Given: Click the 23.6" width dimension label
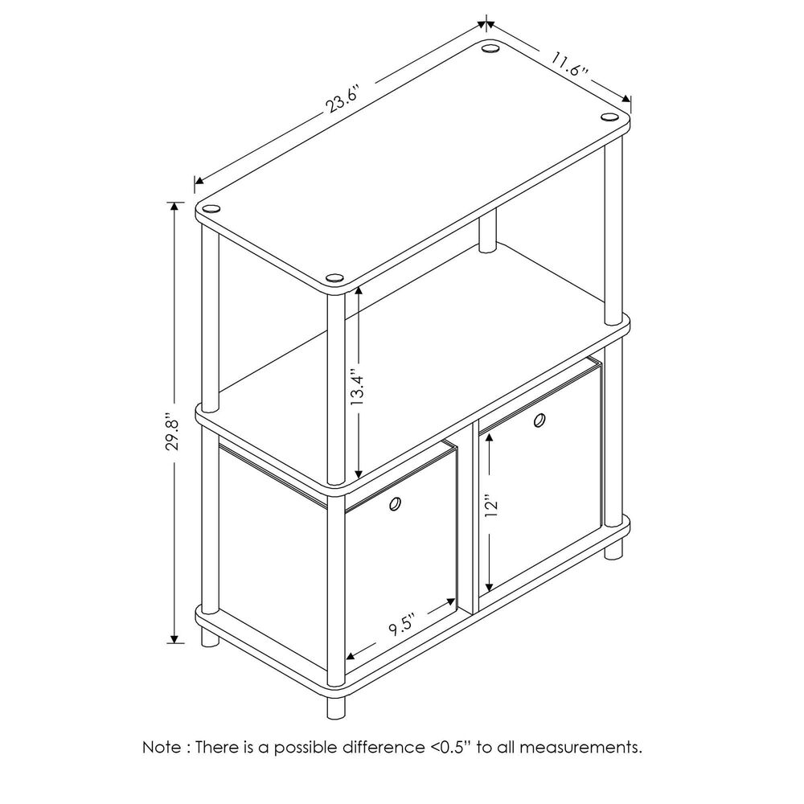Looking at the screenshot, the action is coord(344,100).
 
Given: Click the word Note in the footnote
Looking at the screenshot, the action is coord(162,747).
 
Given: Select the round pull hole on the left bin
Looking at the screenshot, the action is coord(396,504).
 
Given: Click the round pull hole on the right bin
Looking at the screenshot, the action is coord(539,420).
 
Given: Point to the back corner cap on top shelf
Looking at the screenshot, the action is coord(490,49).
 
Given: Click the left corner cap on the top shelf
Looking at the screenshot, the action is coord(211,209).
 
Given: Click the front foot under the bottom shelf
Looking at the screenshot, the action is coord(336,708).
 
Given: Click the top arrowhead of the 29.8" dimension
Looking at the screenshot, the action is coord(174,207).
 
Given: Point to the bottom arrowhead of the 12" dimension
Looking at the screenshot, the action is coord(490,585).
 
